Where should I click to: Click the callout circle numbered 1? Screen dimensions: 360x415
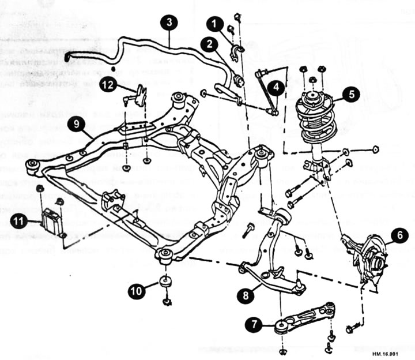215,24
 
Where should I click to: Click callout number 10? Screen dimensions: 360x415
137,292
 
